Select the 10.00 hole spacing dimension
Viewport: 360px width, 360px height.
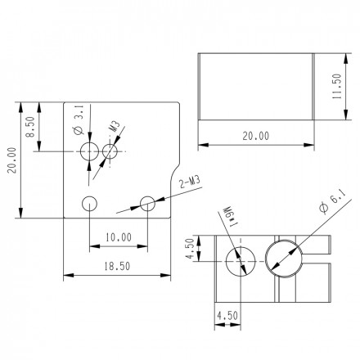[119, 238]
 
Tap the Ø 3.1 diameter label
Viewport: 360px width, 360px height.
[74, 119]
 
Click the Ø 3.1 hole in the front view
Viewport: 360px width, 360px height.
[89, 151]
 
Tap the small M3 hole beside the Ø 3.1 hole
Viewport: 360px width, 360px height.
[111, 152]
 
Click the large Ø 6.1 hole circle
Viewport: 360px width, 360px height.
[283, 261]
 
